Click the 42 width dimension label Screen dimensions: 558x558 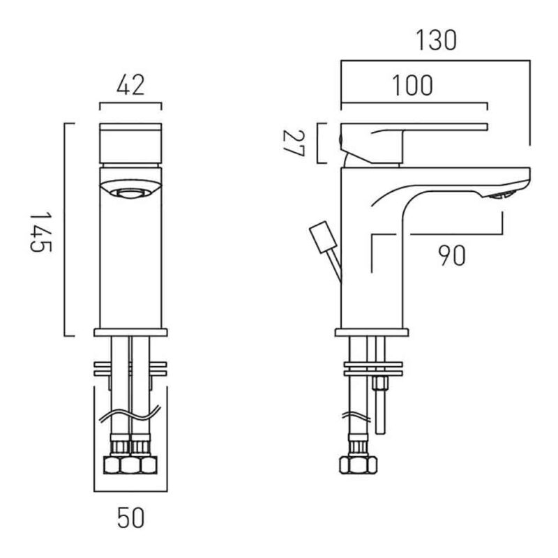pos(130,85)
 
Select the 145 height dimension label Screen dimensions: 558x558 pos(40,232)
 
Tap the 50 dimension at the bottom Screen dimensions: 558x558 pos(130,518)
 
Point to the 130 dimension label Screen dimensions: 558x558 pos(436,40)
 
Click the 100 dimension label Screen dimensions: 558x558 pos(413,85)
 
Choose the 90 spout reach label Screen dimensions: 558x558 pos(451,255)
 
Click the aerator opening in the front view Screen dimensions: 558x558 pos(130,193)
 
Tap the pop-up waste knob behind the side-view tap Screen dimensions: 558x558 pos(323,237)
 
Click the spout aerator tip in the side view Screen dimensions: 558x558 pos(501,195)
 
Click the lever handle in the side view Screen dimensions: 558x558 pos(414,144)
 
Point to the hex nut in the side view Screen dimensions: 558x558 pos(359,465)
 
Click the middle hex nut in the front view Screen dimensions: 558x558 pos(130,465)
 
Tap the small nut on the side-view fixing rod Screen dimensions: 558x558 pos(379,383)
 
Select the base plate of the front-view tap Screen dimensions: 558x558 pos(130,333)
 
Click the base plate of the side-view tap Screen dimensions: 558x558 pos(372,333)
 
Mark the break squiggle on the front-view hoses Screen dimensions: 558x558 pos(130,414)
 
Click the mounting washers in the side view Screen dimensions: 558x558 pos(373,369)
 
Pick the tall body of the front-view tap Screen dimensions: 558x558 pos(130,248)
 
